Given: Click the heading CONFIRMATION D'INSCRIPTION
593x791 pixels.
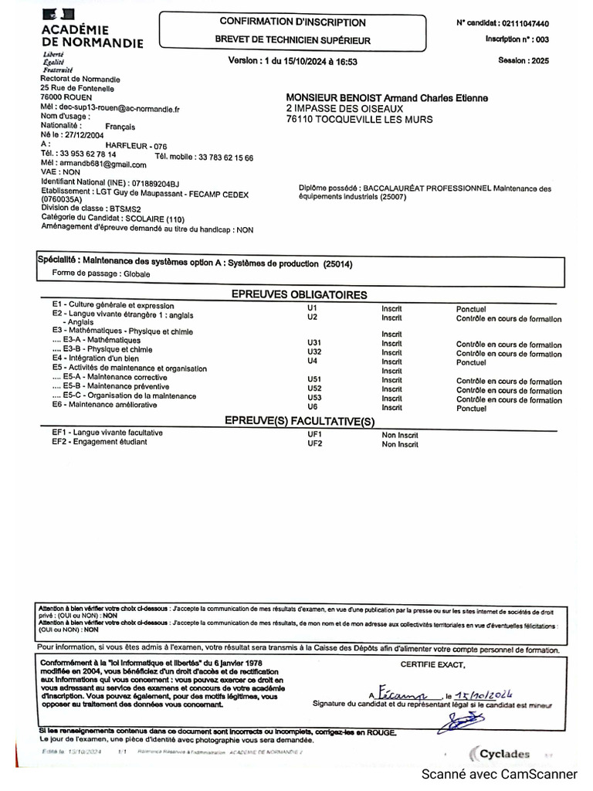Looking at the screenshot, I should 293,22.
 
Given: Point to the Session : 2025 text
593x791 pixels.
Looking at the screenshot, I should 524,60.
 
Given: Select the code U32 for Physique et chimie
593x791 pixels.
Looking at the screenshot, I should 314,352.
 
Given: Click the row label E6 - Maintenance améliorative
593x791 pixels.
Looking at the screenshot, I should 104,405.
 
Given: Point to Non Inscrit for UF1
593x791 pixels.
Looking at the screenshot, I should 400,436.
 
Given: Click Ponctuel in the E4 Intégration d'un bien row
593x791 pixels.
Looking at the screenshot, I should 471,362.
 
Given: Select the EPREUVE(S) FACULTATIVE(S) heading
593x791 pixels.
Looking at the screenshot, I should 299,421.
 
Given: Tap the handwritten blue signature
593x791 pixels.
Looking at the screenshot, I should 460,721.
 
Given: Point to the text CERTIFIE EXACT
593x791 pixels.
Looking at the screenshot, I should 432,664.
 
